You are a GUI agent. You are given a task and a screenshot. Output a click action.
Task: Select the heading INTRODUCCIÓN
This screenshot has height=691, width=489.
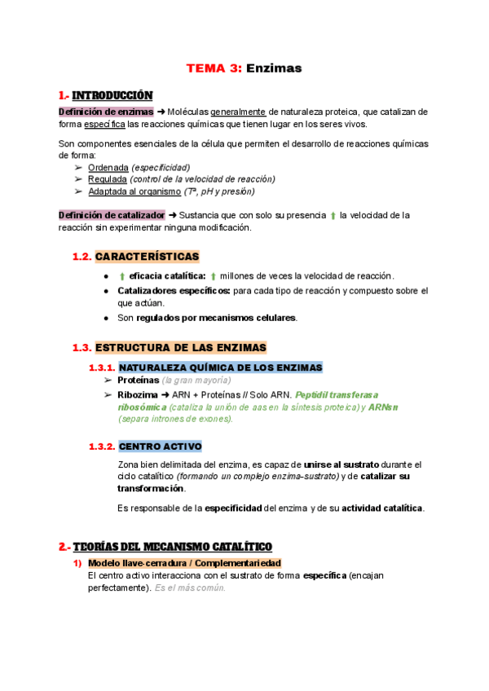click(x=112, y=96)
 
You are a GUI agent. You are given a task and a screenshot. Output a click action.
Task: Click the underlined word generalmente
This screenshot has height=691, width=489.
click(x=238, y=112)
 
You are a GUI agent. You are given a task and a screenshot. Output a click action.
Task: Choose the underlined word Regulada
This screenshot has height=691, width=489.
click(x=108, y=179)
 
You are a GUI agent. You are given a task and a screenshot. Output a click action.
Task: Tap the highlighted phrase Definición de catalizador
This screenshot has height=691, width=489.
click(x=112, y=215)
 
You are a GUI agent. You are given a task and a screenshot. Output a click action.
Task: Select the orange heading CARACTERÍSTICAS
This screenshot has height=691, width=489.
click(x=147, y=257)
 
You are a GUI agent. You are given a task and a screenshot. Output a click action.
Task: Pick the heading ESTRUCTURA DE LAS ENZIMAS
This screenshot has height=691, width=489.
click(x=180, y=347)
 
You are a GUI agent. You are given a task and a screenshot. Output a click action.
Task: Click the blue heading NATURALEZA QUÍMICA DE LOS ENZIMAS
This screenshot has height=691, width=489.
click(x=220, y=368)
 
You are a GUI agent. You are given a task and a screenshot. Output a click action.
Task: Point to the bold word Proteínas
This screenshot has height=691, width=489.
click(x=138, y=381)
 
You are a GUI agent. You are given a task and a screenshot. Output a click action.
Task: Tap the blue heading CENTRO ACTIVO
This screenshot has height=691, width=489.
click(x=161, y=447)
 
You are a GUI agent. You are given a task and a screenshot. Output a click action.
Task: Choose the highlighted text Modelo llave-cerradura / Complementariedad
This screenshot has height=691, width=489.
click(x=184, y=563)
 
